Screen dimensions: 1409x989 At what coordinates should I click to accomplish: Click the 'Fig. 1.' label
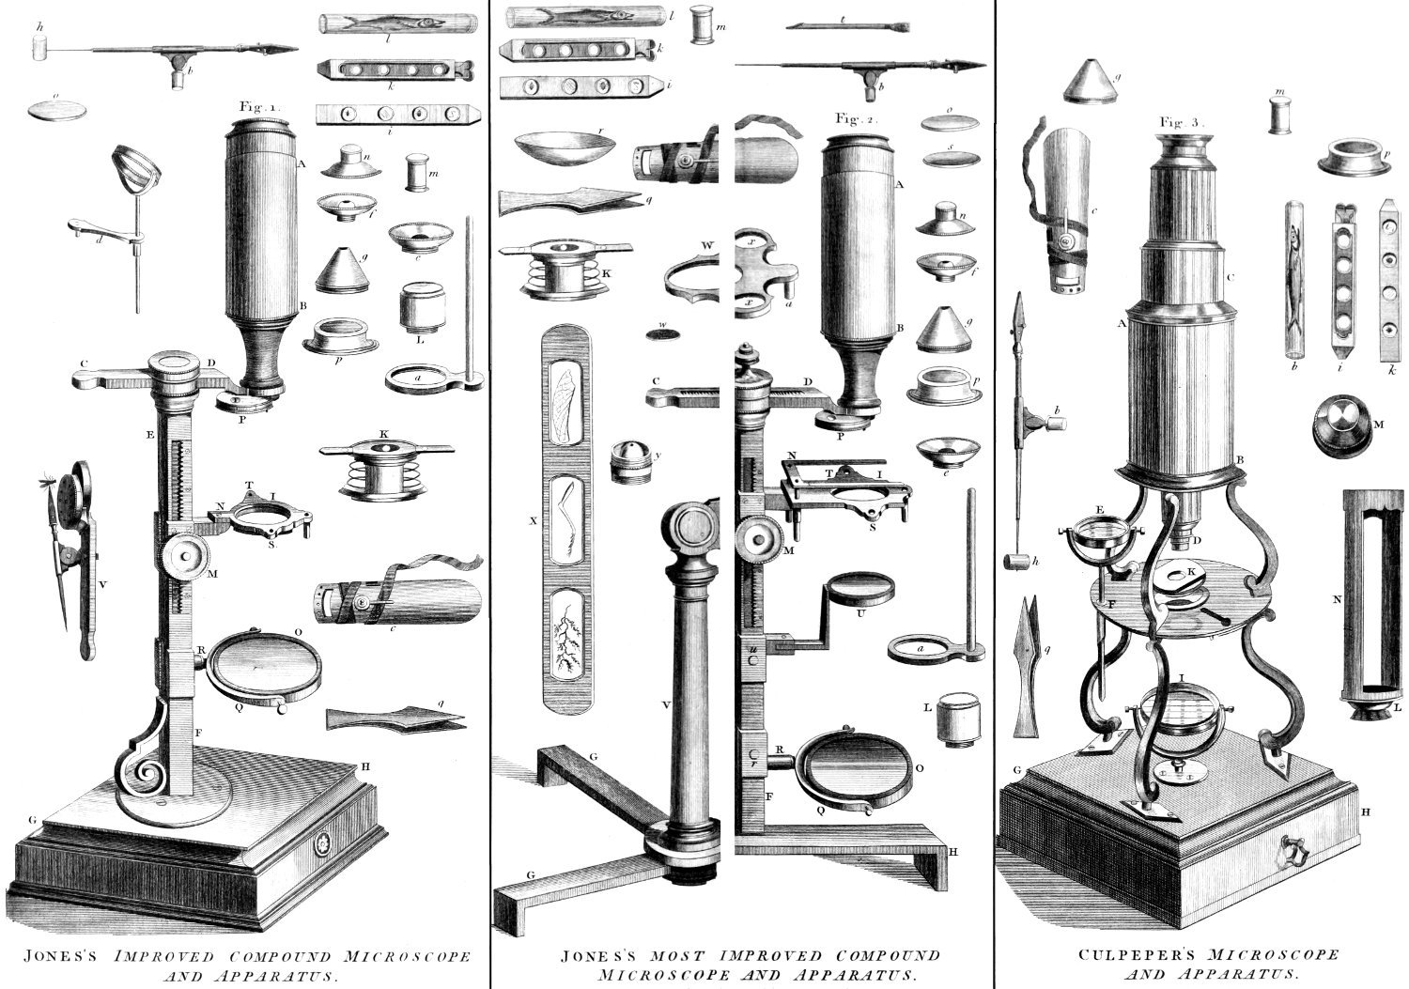tap(260, 106)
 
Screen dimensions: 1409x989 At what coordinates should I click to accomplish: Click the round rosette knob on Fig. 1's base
tap(323, 842)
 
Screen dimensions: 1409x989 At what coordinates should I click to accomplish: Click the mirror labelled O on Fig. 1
tap(264, 669)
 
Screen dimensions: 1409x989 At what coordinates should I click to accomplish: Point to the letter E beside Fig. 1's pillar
tap(149, 434)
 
